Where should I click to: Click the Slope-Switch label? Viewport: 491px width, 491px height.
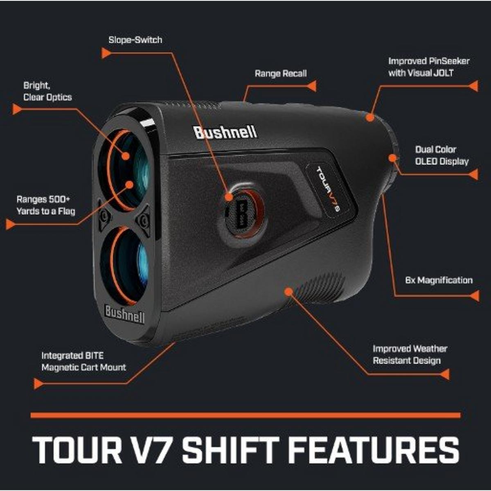point(135,40)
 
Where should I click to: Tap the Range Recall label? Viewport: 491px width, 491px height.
point(281,74)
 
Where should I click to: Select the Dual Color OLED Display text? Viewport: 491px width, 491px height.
point(442,155)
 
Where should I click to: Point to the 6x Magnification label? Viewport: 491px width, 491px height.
point(439,280)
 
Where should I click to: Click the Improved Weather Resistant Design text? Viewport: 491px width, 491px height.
point(410,355)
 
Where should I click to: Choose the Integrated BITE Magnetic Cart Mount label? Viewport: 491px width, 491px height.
point(83,362)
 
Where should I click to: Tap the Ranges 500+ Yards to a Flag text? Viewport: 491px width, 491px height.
point(46,205)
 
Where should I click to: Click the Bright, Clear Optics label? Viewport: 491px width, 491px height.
point(47,91)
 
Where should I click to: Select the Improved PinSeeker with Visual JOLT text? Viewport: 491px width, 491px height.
point(429,67)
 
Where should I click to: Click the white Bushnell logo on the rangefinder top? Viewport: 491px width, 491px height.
point(225,133)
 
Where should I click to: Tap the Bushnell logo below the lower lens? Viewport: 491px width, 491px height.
point(124,314)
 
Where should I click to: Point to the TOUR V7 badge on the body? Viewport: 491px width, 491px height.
point(328,189)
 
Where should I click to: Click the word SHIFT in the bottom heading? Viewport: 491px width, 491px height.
point(231,451)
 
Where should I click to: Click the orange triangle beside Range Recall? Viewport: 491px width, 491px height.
point(312,86)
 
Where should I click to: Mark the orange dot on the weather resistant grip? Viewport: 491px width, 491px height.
point(288,292)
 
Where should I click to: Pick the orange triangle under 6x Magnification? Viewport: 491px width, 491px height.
point(475,296)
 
